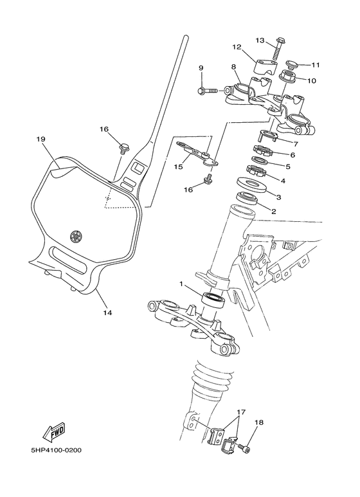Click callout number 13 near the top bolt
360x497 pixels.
pyautogui.click(x=260, y=41)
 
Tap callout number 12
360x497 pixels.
pyautogui.click(x=236, y=47)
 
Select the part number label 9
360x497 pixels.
pyautogui.click(x=201, y=68)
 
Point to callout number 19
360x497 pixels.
pyautogui.click(x=40, y=139)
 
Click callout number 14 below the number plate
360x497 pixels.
pyautogui.click(x=107, y=313)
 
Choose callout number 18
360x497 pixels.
pyautogui.click(x=259, y=422)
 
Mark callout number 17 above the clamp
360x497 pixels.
pyautogui.click(x=241, y=411)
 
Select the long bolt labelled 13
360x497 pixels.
pyautogui.click(x=280, y=50)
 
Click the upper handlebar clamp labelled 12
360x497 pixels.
pyautogui.click(x=262, y=66)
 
